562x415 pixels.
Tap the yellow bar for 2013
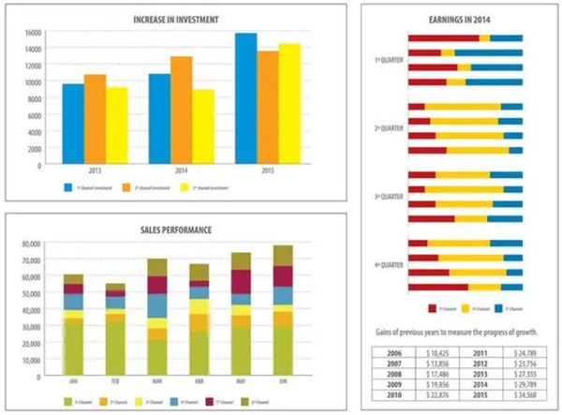coord(116,126)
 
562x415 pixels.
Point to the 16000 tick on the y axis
coord(34,33)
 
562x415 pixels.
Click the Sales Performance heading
coord(177,230)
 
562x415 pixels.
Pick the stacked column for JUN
coord(283,309)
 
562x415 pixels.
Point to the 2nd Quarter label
coord(388,128)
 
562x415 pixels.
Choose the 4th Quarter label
coord(388,266)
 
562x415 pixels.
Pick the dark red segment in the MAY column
coord(241,282)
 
